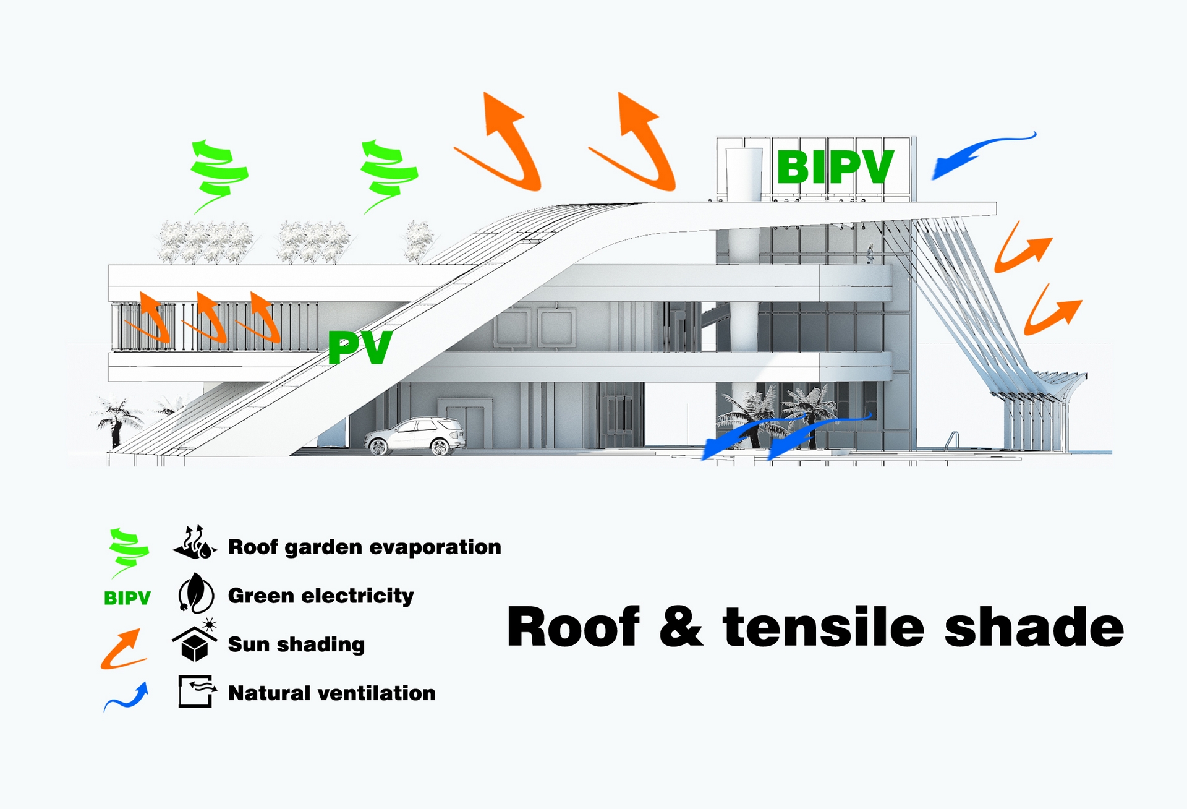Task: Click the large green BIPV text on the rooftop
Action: click(x=835, y=167)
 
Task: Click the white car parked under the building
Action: click(x=415, y=435)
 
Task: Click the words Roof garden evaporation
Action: click(x=364, y=547)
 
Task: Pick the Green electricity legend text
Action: click(x=320, y=596)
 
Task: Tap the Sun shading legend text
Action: click(x=296, y=644)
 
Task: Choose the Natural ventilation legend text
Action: click(x=331, y=693)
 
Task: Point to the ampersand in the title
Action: click(x=681, y=627)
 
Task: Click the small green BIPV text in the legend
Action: click(x=127, y=598)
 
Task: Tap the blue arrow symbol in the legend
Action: click(x=127, y=697)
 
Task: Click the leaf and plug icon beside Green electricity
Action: click(x=195, y=593)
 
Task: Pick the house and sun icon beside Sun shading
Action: click(x=195, y=641)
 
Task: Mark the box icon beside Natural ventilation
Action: click(x=196, y=691)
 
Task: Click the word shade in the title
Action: click(x=1034, y=627)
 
